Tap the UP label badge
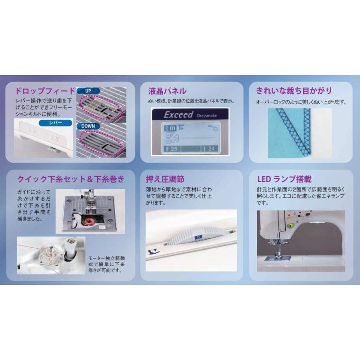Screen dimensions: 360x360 88,91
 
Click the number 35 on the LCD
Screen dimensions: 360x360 172,149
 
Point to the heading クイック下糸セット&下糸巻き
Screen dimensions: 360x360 68,178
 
